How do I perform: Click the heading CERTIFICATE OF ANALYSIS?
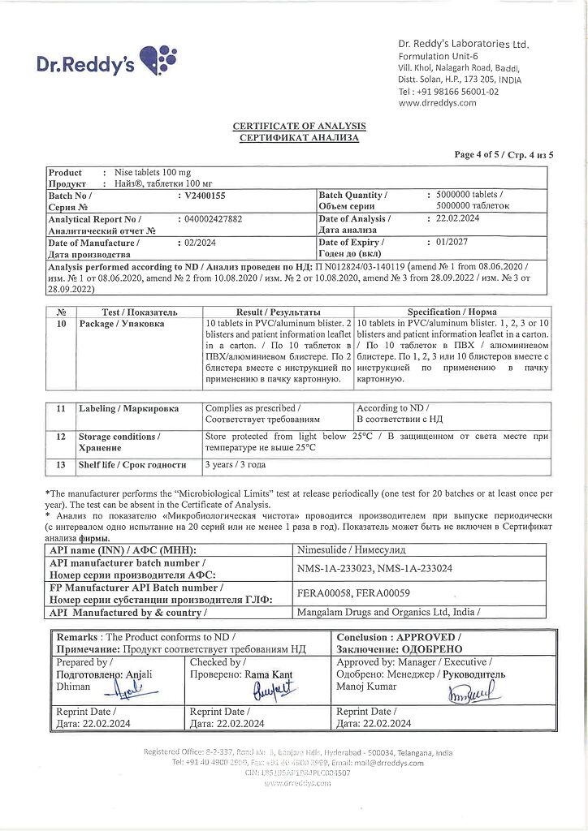coord(299,127)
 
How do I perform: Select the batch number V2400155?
coord(205,196)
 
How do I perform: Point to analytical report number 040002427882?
coord(213,219)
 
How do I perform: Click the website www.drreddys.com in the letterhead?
coord(437,103)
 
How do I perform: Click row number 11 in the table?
coord(61,409)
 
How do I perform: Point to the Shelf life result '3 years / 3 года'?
coord(236,465)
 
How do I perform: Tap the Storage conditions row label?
coord(119,441)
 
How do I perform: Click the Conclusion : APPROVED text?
coord(399,638)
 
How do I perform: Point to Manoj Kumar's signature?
coord(473,692)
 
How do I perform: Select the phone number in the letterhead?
coord(448,92)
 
